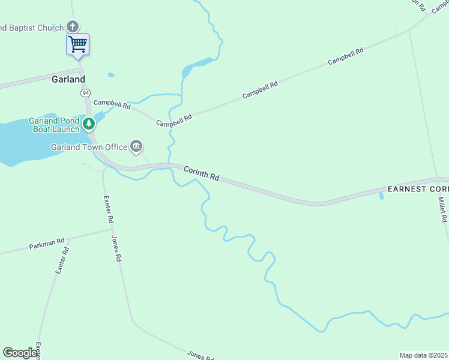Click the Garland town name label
pos(68,79)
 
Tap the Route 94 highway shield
pos(86,93)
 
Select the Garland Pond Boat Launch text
pos(54,125)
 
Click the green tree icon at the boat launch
pos(89,124)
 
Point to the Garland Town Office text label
pos(89,147)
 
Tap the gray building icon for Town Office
pos(136,146)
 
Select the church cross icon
pos(73,26)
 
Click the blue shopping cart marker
pos(77,44)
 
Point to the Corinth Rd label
pos(201,174)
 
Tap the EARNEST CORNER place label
pos(418,188)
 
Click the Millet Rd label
pos(442,210)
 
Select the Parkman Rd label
pos(47,244)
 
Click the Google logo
pos(20,353)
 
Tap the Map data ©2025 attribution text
pos(424,355)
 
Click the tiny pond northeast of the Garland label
pos(111,75)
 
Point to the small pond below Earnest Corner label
pos(381,196)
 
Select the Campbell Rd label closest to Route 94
pos(112,104)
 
